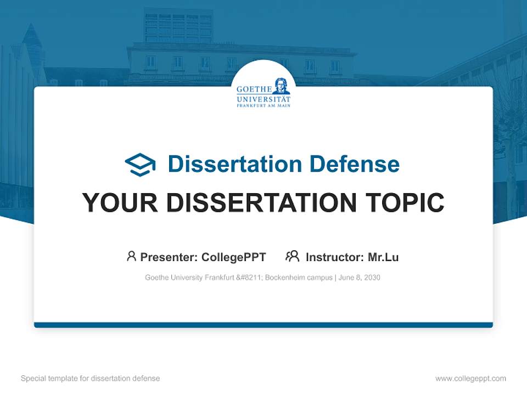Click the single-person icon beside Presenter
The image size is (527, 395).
pyautogui.click(x=131, y=256)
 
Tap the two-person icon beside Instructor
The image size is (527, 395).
pyautogui.click(x=292, y=256)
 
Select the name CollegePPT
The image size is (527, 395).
pyautogui.click(x=234, y=257)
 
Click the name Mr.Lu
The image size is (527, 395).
pyautogui.click(x=383, y=257)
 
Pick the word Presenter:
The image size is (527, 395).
pyautogui.click(x=169, y=257)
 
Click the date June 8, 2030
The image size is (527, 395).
pyautogui.click(x=360, y=278)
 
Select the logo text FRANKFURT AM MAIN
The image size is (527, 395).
pyautogui.click(x=263, y=105)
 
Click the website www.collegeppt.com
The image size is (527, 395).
pyautogui.click(x=470, y=379)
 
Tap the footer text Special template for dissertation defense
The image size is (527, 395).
pyautogui.click(x=91, y=379)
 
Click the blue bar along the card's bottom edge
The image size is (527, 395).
pyautogui.click(x=263, y=325)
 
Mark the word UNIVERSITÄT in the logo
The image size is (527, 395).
pyautogui.click(x=263, y=99)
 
